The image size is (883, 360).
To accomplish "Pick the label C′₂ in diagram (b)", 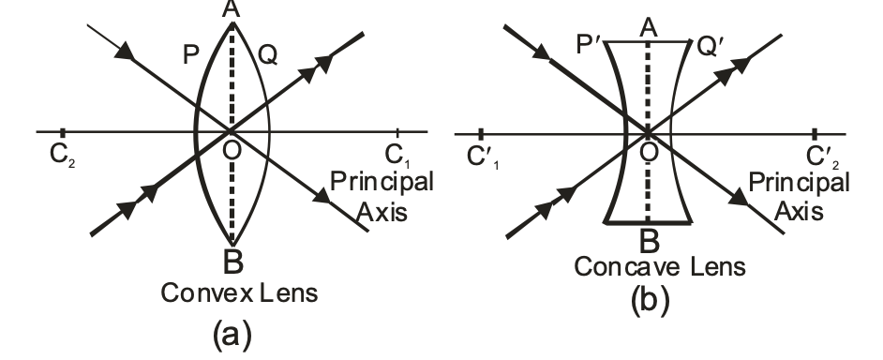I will (825, 156).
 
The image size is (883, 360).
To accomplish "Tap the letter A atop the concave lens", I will (647, 29).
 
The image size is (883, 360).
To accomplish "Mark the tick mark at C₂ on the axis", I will (62, 132).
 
